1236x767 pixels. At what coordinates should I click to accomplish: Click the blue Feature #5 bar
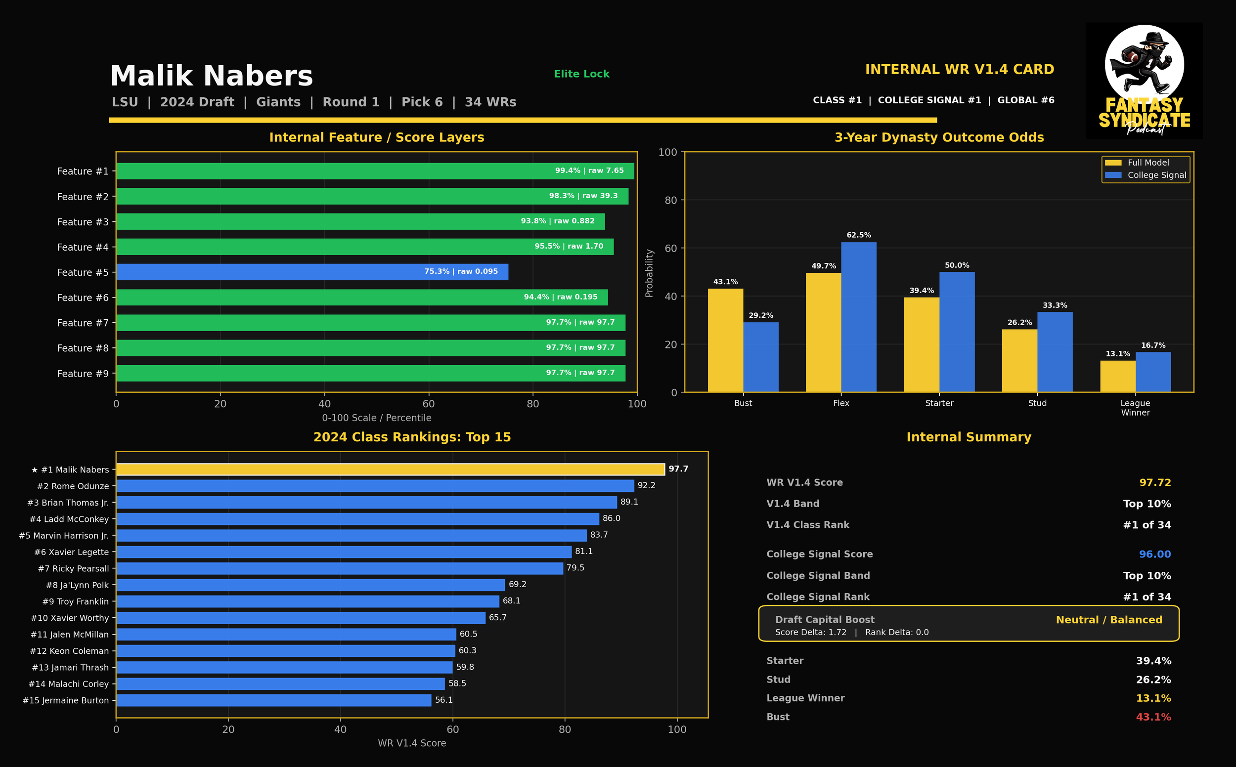click(312, 272)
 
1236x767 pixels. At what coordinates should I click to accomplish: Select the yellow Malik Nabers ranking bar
click(390, 469)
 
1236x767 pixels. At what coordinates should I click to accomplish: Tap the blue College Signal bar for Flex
click(858, 317)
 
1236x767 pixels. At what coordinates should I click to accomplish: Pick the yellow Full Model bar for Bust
click(726, 341)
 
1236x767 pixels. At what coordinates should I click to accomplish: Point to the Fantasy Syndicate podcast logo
click(1144, 81)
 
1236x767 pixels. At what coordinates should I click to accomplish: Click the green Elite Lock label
click(581, 74)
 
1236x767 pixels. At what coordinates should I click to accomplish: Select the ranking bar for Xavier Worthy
click(301, 618)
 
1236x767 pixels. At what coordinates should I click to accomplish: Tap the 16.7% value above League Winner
click(1153, 345)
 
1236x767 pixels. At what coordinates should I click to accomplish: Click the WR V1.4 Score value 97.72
click(1155, 482)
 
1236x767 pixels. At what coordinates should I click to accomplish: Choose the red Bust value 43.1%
click(1153, 717)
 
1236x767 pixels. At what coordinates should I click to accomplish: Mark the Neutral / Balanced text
click(1108, 620)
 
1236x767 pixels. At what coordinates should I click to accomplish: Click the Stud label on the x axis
click(1037, 403)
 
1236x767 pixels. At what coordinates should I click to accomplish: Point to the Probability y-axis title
click(649, 273)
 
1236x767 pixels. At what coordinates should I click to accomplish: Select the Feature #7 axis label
click(83, 323)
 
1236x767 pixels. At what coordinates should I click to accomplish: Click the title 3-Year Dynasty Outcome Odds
click(939, 137)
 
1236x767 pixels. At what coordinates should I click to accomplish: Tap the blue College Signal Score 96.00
click(1155, 554)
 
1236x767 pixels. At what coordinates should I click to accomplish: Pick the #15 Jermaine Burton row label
click(65, 701)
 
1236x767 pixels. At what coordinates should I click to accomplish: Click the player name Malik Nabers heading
click(212, 76)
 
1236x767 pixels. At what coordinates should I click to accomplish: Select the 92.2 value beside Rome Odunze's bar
click(646, 485)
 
